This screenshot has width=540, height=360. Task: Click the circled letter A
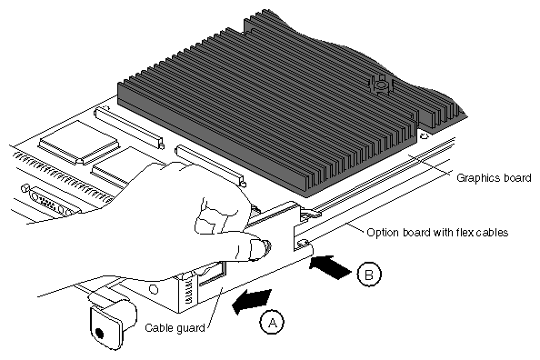[272, 323]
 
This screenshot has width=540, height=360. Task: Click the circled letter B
[369, 275]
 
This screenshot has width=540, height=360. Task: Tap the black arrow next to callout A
[252, 301]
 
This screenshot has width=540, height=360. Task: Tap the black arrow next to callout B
[330, 267]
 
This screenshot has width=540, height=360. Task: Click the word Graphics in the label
[478, 178]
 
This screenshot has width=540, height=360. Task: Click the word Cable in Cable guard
[158, 327]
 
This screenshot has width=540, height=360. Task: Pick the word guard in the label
[190, 328]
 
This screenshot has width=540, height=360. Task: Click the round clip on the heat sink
[379, 85]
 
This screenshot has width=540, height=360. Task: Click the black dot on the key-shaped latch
[99, 333]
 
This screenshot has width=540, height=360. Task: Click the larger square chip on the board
[78, 143]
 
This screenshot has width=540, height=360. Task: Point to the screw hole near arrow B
[304, 243]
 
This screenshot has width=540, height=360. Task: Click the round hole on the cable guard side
[154, 289]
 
